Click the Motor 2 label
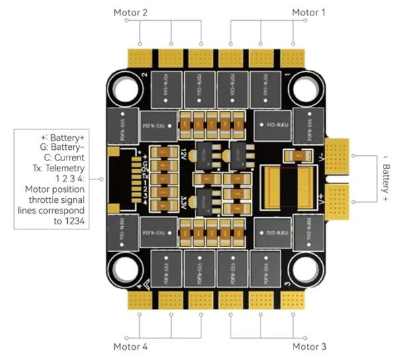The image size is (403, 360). (131, 12)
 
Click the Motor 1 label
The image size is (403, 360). (308, 12)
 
